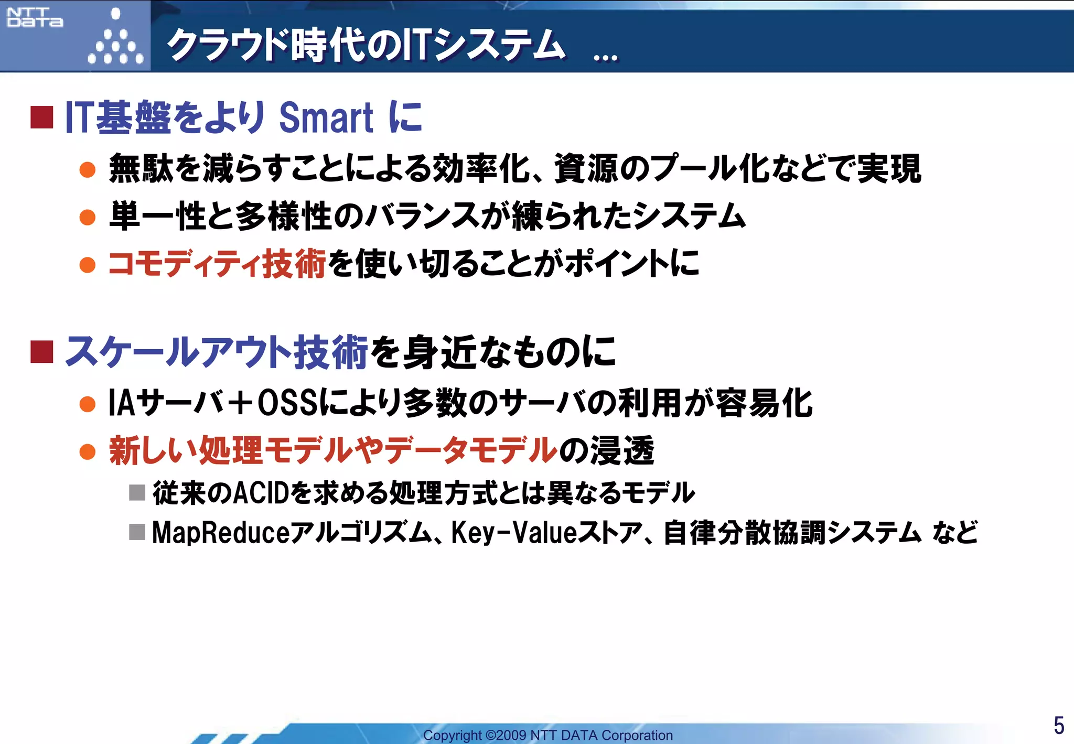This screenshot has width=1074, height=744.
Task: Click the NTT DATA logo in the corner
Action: [35, 17]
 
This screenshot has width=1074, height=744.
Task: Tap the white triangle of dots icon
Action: [115, 39]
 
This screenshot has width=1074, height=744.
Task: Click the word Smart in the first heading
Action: [326, 117]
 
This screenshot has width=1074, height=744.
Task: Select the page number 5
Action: [1059, 726]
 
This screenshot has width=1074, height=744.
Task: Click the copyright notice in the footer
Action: [547, 735]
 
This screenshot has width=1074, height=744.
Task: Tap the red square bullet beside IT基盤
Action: [42, 117]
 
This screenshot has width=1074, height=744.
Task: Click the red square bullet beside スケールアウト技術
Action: [42, 352]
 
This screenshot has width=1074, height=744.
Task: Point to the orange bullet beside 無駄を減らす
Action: [88, 170]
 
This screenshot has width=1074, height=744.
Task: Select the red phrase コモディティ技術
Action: [217, 264]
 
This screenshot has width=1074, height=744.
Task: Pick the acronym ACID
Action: [261, 493]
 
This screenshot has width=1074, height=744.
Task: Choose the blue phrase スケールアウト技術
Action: [217, 352]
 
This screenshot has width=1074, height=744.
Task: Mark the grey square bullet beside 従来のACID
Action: [137, 493]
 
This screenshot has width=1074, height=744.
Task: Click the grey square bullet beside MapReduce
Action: [137, 533]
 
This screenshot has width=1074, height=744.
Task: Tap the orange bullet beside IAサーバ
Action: [88, 404]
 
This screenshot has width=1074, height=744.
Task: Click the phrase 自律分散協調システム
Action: [792, 533]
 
